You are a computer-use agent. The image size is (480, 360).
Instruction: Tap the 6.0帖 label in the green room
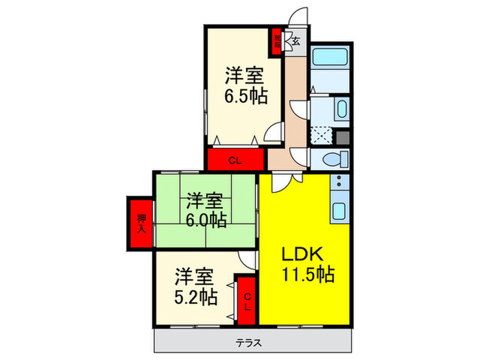(206, 219)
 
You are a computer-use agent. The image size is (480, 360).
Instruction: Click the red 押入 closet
(141, 224)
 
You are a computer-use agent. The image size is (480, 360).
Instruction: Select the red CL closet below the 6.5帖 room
(235, 161)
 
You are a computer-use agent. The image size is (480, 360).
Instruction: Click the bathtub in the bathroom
(331, 69)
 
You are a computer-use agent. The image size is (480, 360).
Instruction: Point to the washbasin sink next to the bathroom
(340, 109)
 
